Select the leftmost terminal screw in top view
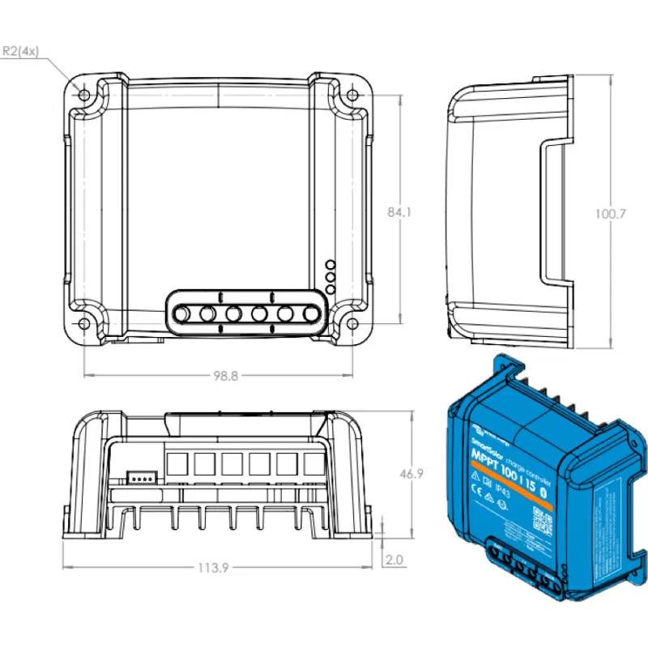click(182, 313)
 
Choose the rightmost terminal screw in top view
click(310, 313)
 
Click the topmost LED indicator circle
click(330, 265)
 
